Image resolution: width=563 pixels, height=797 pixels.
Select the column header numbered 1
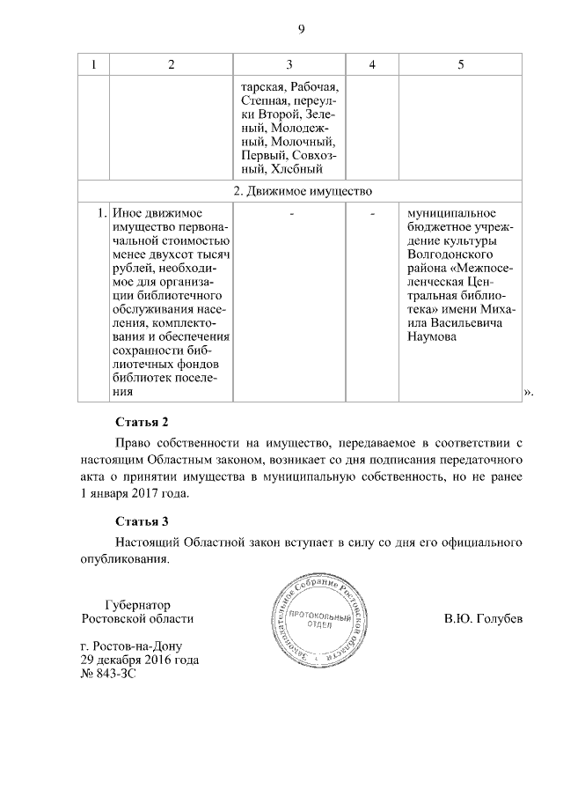[x=94, y=66]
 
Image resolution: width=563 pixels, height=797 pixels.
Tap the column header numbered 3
[x=289, y=66]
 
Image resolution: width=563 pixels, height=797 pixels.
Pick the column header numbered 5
[x=461, y=66]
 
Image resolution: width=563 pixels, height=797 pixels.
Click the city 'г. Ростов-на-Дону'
[x=133, y=646]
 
